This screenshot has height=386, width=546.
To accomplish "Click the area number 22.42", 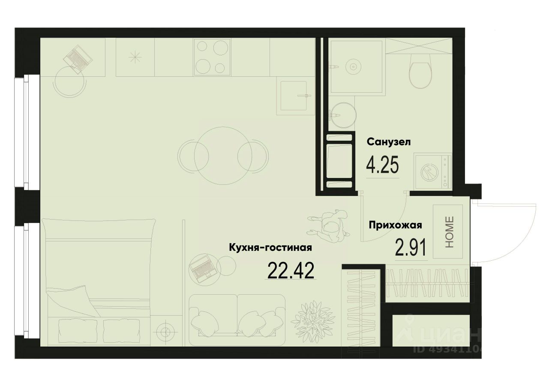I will pos(291,270).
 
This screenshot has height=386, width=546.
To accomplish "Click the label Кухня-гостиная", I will pos(270,247).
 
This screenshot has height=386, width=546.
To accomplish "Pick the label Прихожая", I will pos(396,225).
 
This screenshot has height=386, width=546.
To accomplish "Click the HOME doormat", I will pos(448,232).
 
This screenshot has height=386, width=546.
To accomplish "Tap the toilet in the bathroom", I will pos(420,71).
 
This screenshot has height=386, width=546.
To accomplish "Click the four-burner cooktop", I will pos(212,57).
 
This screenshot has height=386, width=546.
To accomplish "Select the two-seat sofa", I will pos(237,317).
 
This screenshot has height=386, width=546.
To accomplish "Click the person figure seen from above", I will pos(330,225).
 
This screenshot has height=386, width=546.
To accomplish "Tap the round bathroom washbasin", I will pos(342,115).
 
